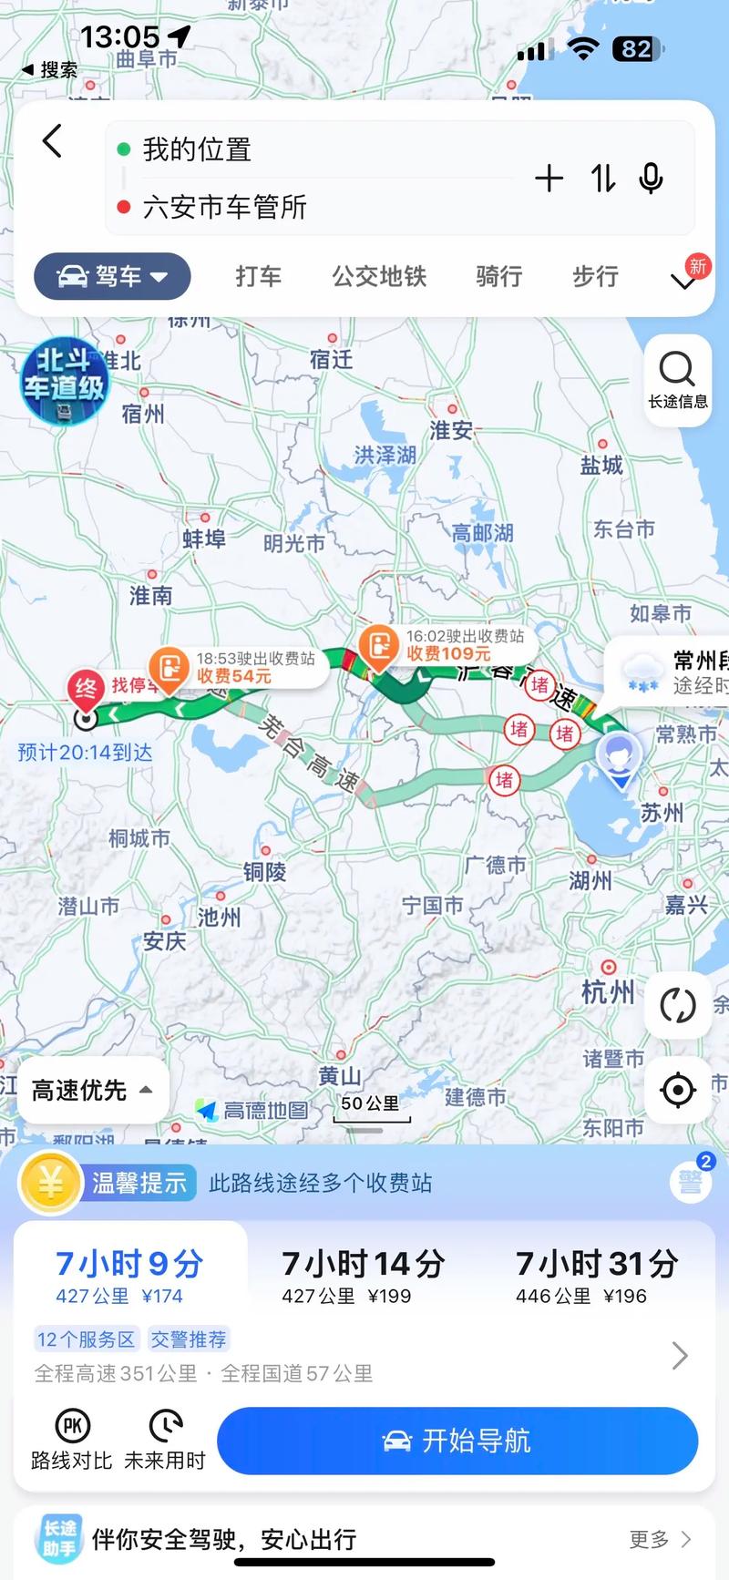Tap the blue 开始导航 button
(457, 1441)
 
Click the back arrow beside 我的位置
(53, 142)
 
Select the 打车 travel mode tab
(258, 276)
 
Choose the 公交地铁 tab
(379, 276)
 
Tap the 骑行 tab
(498, 276)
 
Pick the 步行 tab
(595, 276)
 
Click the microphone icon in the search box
(651, 179)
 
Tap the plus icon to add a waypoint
(549, 179)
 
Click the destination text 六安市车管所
(224, 207)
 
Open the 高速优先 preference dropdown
(92, 1090)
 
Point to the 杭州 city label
(608, 991)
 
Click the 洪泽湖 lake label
(385, 455)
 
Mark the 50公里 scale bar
(370, 1108)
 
